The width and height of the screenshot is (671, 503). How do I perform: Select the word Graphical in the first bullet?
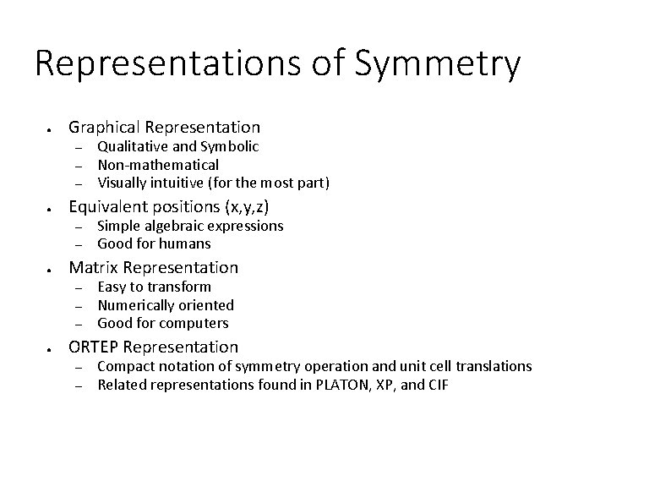click(x=104, y=128)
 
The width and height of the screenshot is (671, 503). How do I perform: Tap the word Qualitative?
click(x=132, y=146)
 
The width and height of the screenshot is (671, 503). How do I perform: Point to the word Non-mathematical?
click(x=158, y=165)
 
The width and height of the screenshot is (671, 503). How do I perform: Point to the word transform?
click(x=180, y=287)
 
